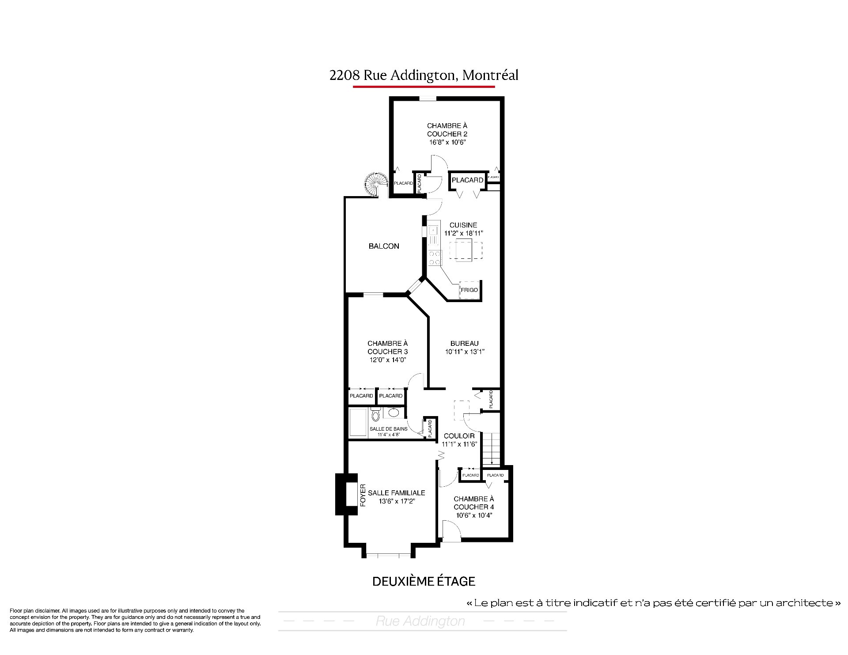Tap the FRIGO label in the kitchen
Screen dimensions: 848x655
point(469,290)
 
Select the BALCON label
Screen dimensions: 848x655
point(384,246)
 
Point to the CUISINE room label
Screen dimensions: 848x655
point(463,225)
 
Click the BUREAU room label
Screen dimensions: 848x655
point(464,343)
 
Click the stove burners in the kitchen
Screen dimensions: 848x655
point(435,258)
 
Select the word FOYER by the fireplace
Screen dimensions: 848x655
point(363,495)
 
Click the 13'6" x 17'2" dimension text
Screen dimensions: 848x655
point(397,501)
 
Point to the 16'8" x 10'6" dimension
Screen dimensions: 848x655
point(447,142)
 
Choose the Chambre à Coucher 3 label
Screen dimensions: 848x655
point(387,347)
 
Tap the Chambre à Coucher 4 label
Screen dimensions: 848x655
point(473,503)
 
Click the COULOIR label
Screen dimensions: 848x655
point(459,436)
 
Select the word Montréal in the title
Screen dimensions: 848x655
point(490,75)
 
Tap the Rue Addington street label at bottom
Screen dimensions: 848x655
point(420,621)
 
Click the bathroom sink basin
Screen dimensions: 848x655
point(394,413)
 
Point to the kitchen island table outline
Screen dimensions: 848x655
point(466,250)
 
